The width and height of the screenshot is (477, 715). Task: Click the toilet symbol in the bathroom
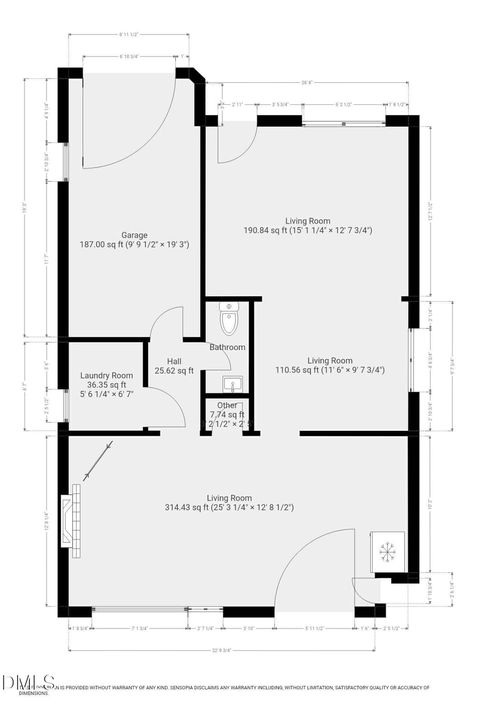(x=228, y=319)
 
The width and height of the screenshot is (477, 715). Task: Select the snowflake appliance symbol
(x=388, y=553)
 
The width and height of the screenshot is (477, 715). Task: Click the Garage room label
(x=134, y=235)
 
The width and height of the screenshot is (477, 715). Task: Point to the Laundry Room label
(x=106, y=375)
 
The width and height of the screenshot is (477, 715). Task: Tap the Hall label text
(x=174, y=361)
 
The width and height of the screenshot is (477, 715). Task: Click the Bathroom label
(x=227, y=347)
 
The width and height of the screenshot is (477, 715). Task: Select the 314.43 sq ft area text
(x=229, y=508)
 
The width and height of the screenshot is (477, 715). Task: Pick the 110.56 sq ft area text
(x=330, y=370)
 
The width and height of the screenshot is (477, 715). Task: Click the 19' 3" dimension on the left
(x=24, y=209)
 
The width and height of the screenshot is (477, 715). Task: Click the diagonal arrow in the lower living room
(x=98, y=460)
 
